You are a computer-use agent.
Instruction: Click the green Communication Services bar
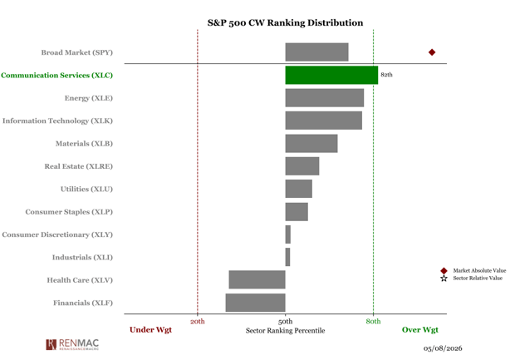pyautogui.click(x=331, y=75)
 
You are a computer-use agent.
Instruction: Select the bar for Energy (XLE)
pyautogui.click(x=325, y=98)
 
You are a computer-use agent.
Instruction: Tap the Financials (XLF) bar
pyautogui.click(x=256, y=303)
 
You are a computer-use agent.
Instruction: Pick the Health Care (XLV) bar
pyautogui.click(x=257, y=279)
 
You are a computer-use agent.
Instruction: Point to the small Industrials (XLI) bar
pyautogui.click(x=288, y=257)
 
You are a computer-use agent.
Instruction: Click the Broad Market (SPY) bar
pyautogui.click(x=316, y=52)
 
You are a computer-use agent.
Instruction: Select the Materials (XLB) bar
pyautogui.click(x=311, y=144)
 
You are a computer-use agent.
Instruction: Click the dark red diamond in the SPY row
pyautogui.click(x=432, y=52)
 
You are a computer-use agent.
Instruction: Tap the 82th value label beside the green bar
pyautogui.click(x=387, y=75)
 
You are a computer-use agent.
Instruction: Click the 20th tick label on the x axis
pyautogui.click(x=198, y=322)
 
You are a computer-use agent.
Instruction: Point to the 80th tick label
pyautogui.click(x=374, y=322)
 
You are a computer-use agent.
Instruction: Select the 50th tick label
pyautogui.click(x=285, y=322)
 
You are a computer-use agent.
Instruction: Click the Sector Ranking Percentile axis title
pyautogui.click(x=285, y=331)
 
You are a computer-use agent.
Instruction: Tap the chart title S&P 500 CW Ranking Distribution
pyautogui.click(x=285, y=22)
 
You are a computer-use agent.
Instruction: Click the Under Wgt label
pyautogui.click(x=150, y=330)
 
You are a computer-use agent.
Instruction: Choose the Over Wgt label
pyautogui.click(x=420, y=330)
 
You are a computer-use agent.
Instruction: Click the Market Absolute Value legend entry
pyautogui.click(x=473, y=270)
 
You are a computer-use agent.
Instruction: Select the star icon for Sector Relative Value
pyautogui.click(x=444, y=279)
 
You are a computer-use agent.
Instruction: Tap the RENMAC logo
pyautogui.click(x=72, y=344)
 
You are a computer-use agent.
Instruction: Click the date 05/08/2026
pyautogui.click(x=443, y=348)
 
